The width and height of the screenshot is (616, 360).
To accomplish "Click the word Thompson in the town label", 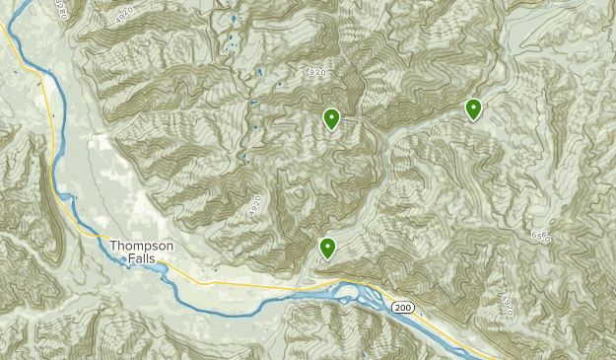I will tap(142, 246).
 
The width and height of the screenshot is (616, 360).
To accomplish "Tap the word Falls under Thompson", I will tap(141, 258).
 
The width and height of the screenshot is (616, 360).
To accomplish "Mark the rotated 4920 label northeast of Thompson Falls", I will tap(254, 206).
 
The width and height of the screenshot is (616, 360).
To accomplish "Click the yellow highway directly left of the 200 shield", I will tap(379, 302).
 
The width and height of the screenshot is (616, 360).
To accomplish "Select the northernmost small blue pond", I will tap(234, 19).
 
